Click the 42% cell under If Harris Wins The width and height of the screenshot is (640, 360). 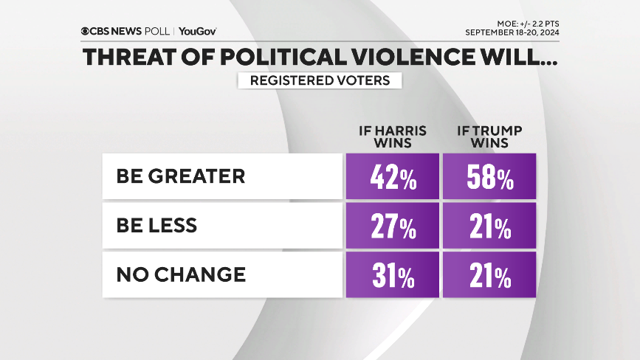(392, 176)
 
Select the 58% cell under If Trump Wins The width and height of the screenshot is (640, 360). (489, 176)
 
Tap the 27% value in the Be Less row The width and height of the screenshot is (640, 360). (392, 226)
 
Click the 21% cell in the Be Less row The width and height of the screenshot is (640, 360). (489, 226)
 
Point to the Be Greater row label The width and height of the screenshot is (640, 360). (180, 176)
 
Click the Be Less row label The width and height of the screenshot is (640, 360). (156, 226)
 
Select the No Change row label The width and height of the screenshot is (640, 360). (181, 274)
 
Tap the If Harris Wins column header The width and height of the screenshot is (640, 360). (392, 136)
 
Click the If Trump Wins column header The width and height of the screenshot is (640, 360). (489, 136)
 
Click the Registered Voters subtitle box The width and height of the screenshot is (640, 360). (320, 80)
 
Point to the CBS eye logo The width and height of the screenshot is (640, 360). (86, 32)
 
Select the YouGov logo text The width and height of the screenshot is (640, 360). (197, 32)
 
